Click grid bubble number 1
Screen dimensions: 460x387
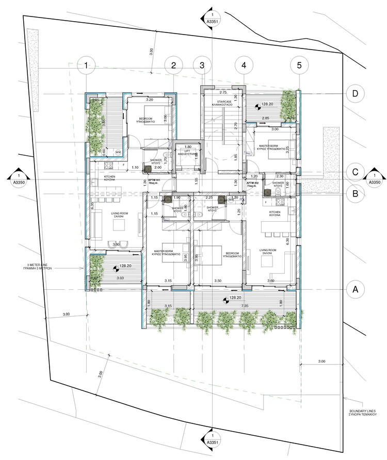87,65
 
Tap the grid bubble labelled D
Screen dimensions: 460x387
355,93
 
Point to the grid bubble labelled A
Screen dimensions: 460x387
355,289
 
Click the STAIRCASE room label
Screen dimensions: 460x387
221,102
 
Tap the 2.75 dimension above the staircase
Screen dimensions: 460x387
223,92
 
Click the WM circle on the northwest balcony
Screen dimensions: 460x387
118,152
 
